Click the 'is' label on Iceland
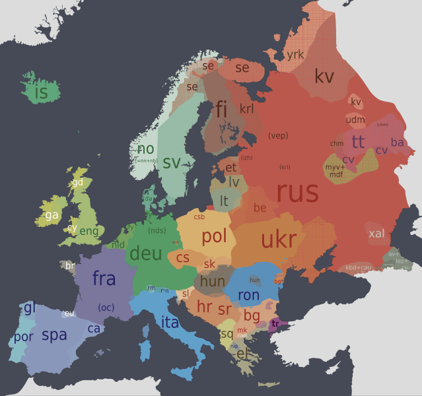[x=41, y=93]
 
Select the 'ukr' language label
[x=279, y=240]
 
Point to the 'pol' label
[x=214, y=236]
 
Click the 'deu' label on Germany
[x=146, y=253]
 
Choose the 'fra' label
[x=104, y=279]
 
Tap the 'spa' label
[x=54, y=335]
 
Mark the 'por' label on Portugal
[x=23, y=337]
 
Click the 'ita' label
[x=170, y=321]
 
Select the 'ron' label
[x=248, y=294]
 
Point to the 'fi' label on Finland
[x=221, y=109]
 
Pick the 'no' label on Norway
[x=146, y=149]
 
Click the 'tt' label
[x=358, y=141]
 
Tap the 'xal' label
[x=376, y=234]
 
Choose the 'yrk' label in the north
[x=295, y=55]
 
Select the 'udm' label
[x=355, y=119]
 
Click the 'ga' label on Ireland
[x=52, y=215]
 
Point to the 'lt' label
[x=225, y=200]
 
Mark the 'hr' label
[x=205, y=307]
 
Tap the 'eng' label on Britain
[x=89, y=231]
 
